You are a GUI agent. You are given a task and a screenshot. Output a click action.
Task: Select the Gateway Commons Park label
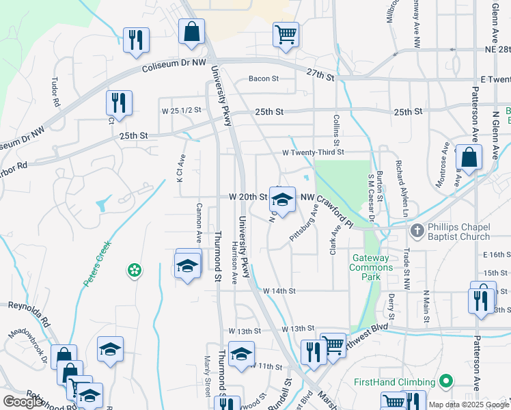coord(371,262)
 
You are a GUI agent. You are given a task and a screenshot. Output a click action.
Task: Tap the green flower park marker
coord(135,271)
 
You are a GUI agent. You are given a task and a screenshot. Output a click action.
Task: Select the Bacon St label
coord(264,79)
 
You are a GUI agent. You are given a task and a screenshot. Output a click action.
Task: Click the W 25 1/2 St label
coord(181,110)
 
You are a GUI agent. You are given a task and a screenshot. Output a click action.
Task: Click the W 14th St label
coord(279,290)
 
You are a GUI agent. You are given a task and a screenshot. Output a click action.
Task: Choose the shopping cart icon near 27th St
coord(286,34)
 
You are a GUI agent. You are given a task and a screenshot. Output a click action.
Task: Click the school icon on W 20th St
coord(282,200)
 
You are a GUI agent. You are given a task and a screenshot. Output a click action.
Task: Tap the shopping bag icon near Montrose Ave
coord(469,158)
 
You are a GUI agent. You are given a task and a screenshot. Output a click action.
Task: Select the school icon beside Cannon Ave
coord(187,266)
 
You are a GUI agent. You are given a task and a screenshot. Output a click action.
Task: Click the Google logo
coord(22,402)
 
